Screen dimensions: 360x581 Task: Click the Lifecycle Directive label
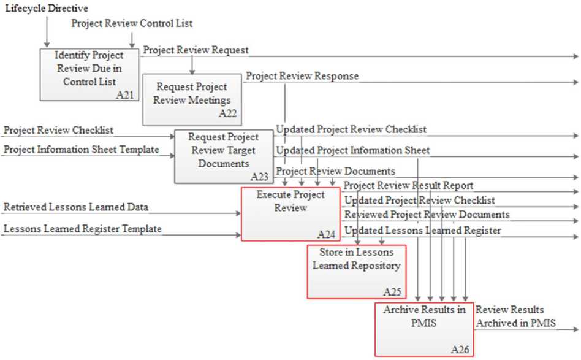(x=45, y=9)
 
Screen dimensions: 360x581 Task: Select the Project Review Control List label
(x=132, y=23)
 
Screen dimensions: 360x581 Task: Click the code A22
(x=227, y=113)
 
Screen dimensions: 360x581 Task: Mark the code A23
(x=259, y=177)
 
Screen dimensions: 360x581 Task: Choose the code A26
(x=460, y=350)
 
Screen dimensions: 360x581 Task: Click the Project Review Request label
(x=196, y=50)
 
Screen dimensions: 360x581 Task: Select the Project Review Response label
(x=302, y=76)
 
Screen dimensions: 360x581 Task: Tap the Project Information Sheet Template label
(x=82, y=149)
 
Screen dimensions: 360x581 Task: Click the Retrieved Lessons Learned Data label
(x=76, y=207)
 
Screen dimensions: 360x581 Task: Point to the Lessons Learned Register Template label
(x=83, y=229)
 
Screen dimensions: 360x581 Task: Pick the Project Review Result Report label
(x=408, y=185)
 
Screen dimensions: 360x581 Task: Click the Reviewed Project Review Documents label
(x=427, y=215)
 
